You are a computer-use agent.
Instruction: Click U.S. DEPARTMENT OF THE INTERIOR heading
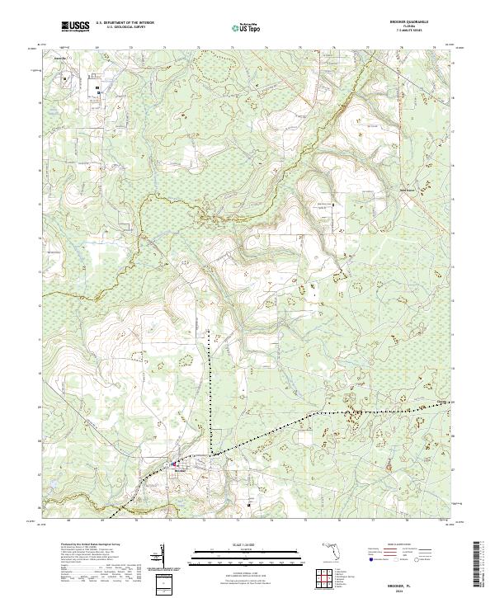(x=125, y=22)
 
